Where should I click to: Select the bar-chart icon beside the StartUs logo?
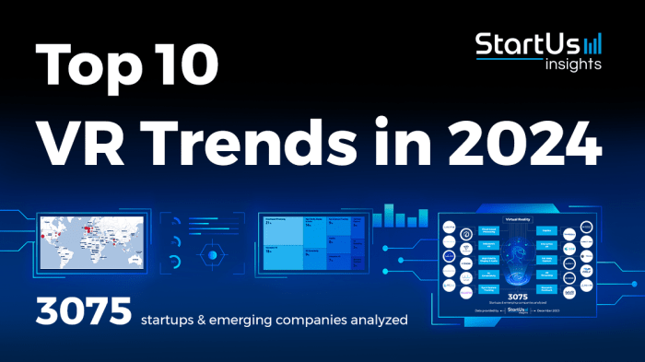point(592,43)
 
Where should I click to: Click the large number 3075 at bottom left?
point(83,314)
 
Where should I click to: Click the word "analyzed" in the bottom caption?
point(379,321)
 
